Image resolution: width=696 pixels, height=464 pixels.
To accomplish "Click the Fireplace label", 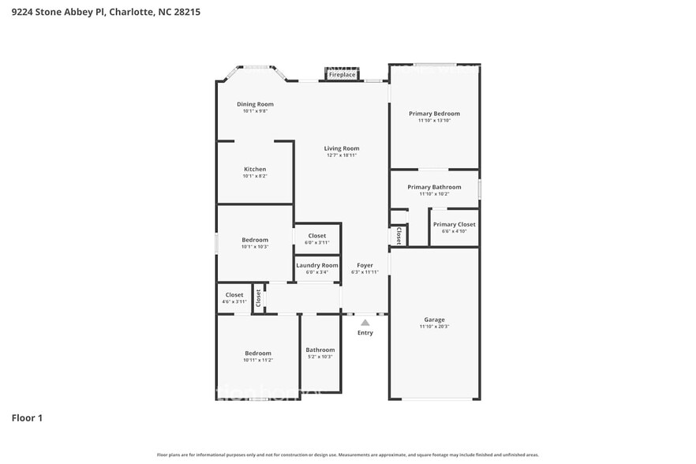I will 342,75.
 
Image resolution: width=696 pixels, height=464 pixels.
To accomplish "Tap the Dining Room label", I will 255,104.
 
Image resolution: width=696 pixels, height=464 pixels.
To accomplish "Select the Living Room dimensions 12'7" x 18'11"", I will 342,155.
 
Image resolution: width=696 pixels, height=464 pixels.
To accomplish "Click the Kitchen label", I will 255,169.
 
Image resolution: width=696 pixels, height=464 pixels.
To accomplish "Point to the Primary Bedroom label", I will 434,114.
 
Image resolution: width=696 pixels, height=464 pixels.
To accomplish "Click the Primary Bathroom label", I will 434,187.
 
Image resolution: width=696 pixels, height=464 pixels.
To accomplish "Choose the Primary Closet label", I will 454,224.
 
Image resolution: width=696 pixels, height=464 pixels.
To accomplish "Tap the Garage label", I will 434,320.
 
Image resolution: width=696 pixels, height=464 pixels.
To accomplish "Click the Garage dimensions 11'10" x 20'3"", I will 434,327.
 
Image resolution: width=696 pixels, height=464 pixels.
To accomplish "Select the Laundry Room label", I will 317,265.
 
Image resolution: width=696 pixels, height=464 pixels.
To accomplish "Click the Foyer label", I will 365,265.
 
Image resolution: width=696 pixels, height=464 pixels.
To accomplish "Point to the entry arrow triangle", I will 365,322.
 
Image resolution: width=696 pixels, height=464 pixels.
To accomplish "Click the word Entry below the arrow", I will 365,333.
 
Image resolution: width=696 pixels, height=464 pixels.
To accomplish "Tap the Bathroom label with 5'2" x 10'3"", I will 320,350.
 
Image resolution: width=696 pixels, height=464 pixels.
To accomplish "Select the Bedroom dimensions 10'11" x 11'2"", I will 258,360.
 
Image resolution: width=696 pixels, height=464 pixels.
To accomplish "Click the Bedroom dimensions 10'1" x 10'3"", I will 255,247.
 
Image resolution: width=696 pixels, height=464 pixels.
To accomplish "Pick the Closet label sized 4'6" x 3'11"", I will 234,295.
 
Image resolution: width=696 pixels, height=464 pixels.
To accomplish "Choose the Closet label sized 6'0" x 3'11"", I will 317,235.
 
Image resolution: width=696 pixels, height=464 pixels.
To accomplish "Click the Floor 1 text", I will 27,417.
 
